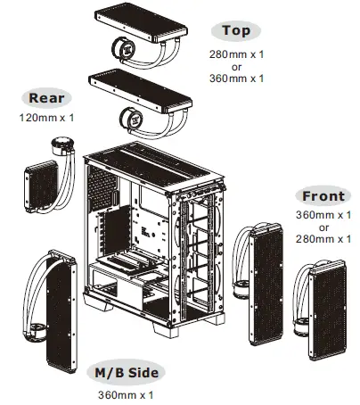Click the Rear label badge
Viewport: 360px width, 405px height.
point(46,99)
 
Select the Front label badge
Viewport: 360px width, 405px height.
point(323,196)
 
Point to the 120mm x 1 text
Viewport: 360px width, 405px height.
point(46,118)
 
